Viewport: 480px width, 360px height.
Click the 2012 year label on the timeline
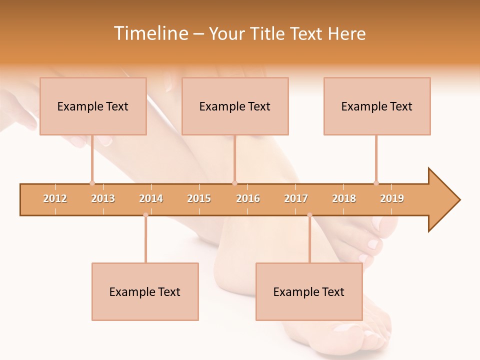pyautogui.click(x=55, y=198)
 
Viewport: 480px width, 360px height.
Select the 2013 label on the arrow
pyautogui.click(x=103, y=198)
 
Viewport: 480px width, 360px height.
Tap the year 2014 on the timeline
pyautogui.click(x=151, y=198)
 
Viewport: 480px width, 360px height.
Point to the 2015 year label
pyautogui.click(x=199, y=198)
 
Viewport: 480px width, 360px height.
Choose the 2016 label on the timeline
pyautogui.click(x=248, y=198)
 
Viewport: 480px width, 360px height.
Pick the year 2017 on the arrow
pyautogui.click(x=296, y=198)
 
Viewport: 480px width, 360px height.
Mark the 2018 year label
pyautogui.click(x=344, y=198)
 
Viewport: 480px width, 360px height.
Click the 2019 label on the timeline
pyautogui.click(x=392, y=198)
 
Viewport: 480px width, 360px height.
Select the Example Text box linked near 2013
pyautogui.click(x=93, y=106)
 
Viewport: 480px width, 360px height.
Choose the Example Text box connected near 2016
pyautogui.click(x=235, y=106)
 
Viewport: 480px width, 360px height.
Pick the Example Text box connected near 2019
pyautogui.click(x=377, y=106)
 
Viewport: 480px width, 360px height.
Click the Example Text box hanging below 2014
pyautogui.click(x=145, y=291)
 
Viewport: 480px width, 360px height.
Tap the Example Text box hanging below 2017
pyautogui.click(x=309, y=291)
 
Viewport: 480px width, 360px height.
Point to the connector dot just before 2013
pyautogui.click(x=92, y=183)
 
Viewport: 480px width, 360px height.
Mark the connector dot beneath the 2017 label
pyautogui.click(x=309, y=215)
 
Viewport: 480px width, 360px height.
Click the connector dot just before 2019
pyautogui.click(x=376, y=183)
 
